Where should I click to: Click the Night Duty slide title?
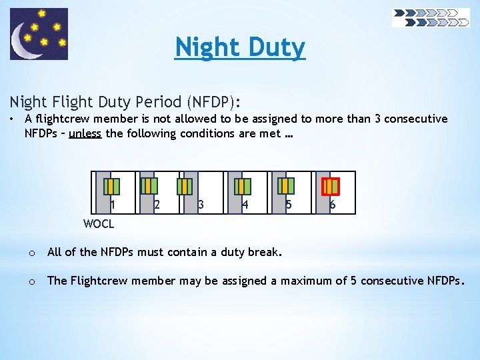pos(240,47)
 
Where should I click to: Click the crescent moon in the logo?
pos(28,41)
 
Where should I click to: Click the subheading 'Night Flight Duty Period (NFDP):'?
pos(125,102)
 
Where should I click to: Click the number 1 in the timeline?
pos(113,205)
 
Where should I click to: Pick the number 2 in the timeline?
pos(157,205)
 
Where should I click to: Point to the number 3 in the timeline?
pos(201,205)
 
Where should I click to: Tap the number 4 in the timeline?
pos(245,205)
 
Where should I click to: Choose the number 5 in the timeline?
pos(289,205)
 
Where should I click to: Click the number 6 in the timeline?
pos(333,205)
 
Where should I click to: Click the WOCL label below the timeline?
pos(99,224)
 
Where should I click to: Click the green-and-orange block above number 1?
pos(113,185)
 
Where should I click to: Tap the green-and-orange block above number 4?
pos(245,185)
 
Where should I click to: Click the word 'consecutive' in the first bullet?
pos(414,119)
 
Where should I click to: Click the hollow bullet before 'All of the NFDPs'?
pos(31,253)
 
